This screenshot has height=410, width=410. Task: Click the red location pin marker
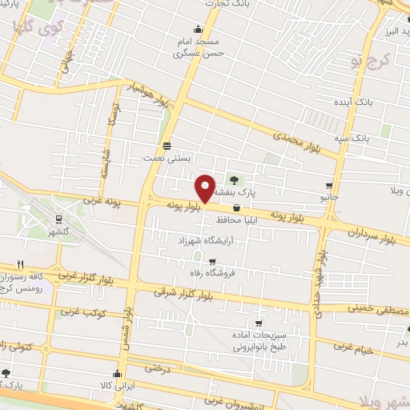pos(205,188)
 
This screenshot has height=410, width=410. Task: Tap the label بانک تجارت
pos(205,5)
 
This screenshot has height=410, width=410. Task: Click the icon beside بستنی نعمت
pos(166,146)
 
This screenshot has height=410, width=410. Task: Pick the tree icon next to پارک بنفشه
pos(235,179)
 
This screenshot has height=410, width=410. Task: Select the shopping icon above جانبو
pos(329,183)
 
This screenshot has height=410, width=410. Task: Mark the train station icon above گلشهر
pos(59,219)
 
